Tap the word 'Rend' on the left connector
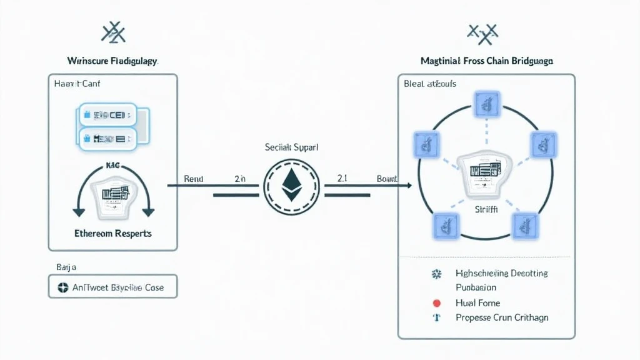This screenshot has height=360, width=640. click(194, 179)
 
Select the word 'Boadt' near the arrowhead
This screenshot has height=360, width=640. click(387, 179)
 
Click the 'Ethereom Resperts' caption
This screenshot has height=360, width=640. click(113, 233)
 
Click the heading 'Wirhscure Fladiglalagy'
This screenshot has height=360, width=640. click(112, 61)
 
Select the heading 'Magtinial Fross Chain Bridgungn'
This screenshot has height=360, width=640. click(487, 61)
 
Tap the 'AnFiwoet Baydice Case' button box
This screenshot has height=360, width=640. click(113, 287)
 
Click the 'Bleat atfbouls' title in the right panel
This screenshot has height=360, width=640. click(430, 84)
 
